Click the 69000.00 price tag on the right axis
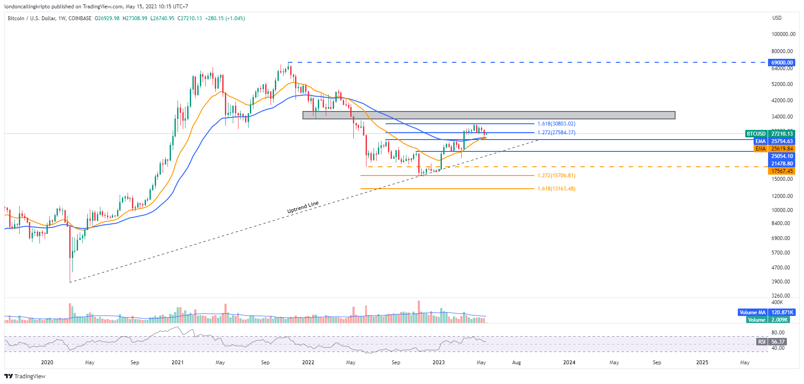[782, 63]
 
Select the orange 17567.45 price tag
[782, 171]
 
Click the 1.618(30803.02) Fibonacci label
[556, 124]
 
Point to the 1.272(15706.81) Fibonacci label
[556, 176]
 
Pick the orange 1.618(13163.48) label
[556, 189]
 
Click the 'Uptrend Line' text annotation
[303, 207]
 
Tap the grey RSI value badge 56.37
[778, 342]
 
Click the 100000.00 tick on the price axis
[783, 34]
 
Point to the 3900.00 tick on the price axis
[781, 282]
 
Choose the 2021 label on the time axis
[178, 362]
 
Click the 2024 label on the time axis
[569, 362]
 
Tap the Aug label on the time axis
[516, 362]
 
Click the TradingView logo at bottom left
[25, 377]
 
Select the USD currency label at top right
[777, 18]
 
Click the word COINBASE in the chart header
[80, 18]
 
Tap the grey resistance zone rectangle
[489, 115]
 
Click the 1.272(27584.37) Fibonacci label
[556, 133]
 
